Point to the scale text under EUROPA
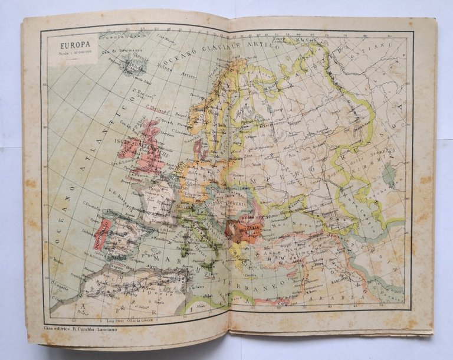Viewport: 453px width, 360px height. click(72, 53)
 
